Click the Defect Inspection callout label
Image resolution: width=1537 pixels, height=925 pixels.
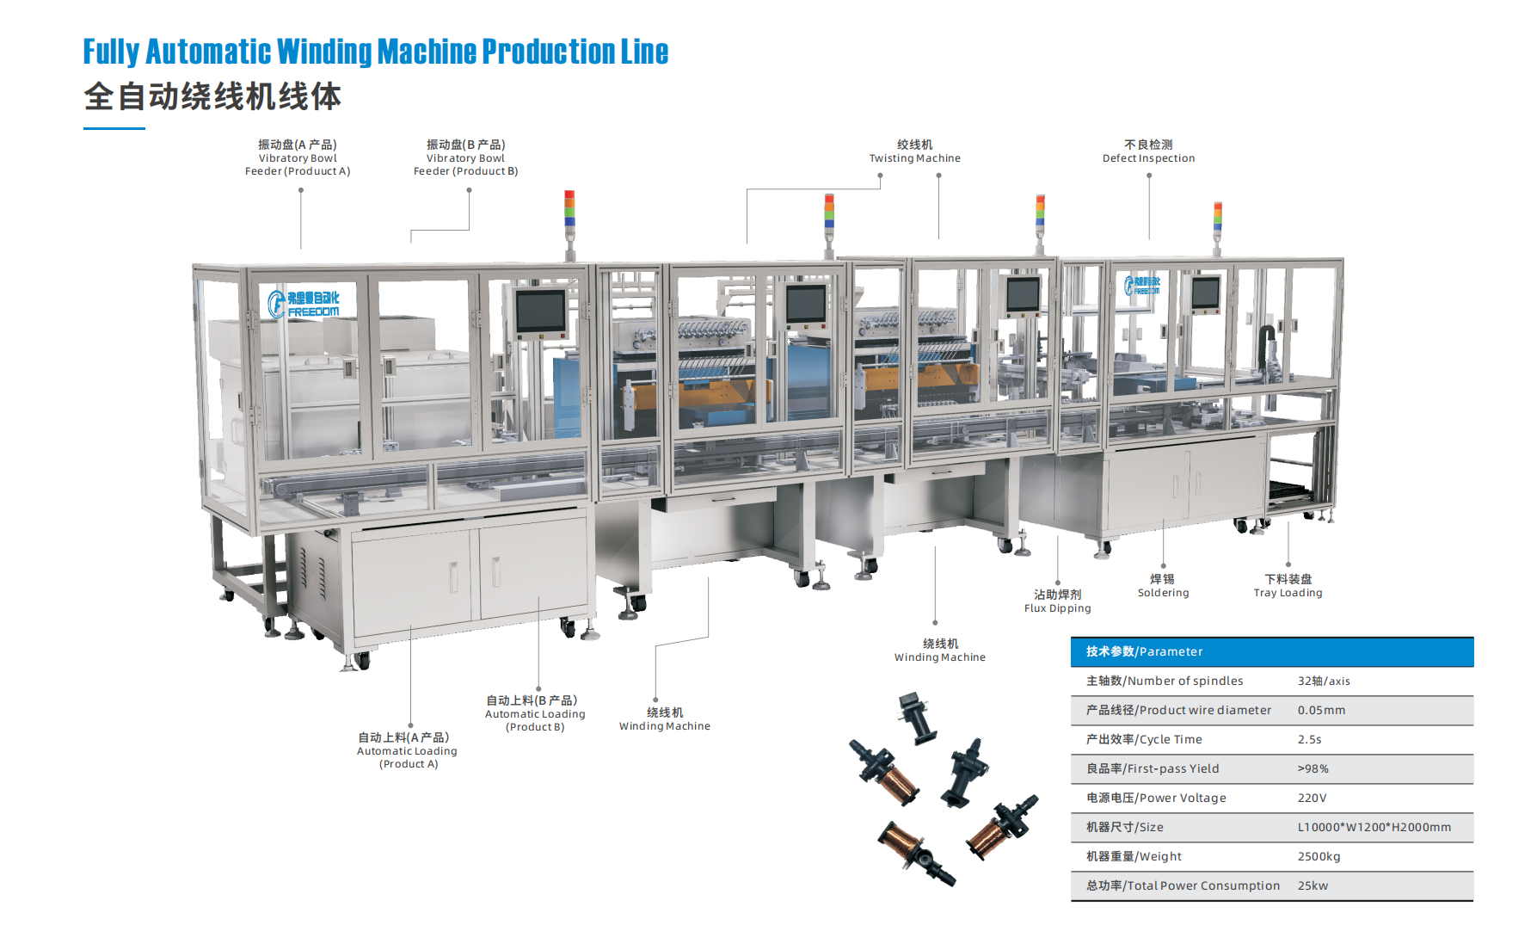(1148, 151)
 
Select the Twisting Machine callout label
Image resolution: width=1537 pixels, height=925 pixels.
(914, 151)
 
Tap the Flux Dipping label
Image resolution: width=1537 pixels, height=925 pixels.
(1057, 601)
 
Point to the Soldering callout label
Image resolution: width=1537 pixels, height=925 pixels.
(1163, 586)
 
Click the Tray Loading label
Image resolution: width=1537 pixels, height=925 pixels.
(1288, 586)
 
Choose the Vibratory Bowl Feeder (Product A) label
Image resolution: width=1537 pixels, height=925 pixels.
(298, 157)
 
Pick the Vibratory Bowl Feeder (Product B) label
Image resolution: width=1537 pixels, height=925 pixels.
(465, 157)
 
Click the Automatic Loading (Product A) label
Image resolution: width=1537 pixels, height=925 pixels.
(407, 750)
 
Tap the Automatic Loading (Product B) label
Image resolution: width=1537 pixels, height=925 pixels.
(535, 713)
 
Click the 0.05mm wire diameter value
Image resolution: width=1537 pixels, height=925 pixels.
(1321, 710)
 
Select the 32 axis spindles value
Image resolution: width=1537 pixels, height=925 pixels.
(1324, 681)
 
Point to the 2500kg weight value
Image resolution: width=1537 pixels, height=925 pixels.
(1319, 856)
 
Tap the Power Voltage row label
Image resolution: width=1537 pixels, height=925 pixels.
(1156, 798)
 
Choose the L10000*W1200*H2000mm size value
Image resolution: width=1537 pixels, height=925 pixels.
(1374, 827)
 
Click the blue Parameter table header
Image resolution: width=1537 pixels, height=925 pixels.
(1271, 651)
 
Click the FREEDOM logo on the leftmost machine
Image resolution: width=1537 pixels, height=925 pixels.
(304, 304)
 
